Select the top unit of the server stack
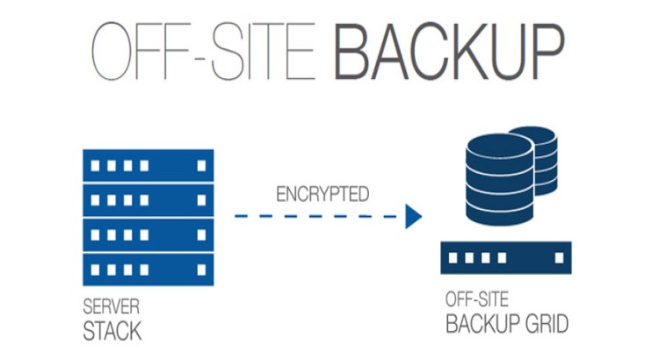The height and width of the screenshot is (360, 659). click(x=148, y=165)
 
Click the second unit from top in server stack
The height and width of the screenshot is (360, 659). click(x=148, y=199)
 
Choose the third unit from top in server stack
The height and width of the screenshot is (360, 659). click(x=148, y=233)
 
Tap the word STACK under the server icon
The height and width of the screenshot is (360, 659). click(x=112, y=331)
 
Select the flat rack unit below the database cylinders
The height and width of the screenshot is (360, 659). click(x=506, y=258)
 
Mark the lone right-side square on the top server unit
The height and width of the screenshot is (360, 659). click(x=201, y=165)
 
